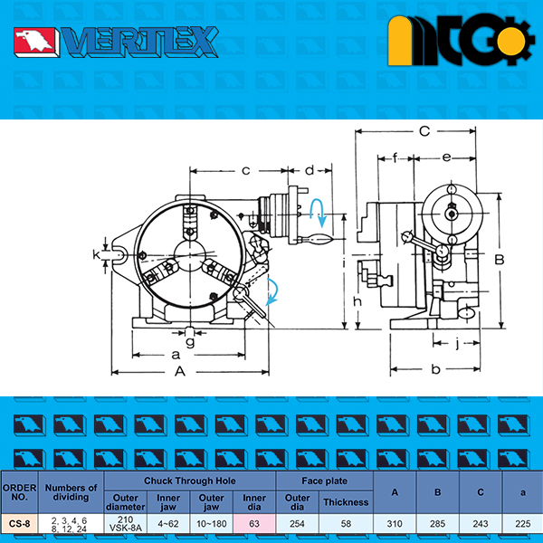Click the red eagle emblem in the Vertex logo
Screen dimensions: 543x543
[34, 42]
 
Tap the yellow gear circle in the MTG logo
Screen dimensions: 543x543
[510, 42]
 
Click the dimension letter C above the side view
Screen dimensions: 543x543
[424, 131]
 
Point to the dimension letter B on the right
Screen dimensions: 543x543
[500, 260]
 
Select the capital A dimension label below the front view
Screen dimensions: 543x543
[180, 372]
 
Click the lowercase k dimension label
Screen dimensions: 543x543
[96, 255]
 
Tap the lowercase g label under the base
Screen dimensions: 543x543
[190, 342]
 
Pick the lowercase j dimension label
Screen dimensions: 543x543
[457, 343]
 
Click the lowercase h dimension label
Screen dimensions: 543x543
[357, 301]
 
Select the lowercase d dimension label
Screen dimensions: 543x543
[310, 170]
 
